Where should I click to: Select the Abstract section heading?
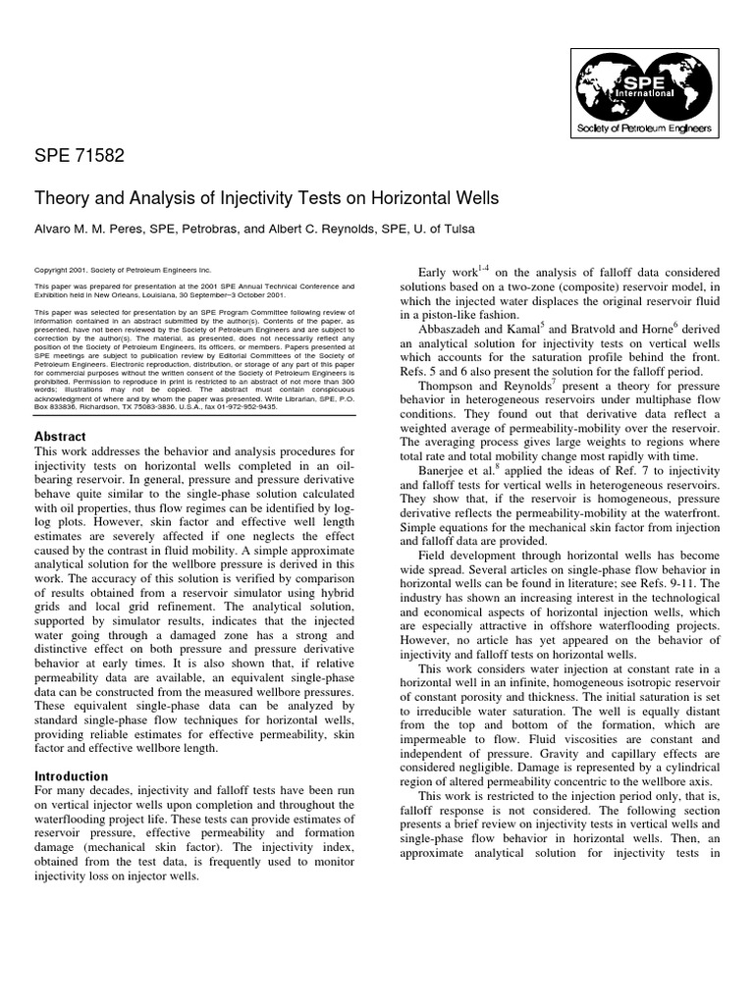click(x=61, y=437)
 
